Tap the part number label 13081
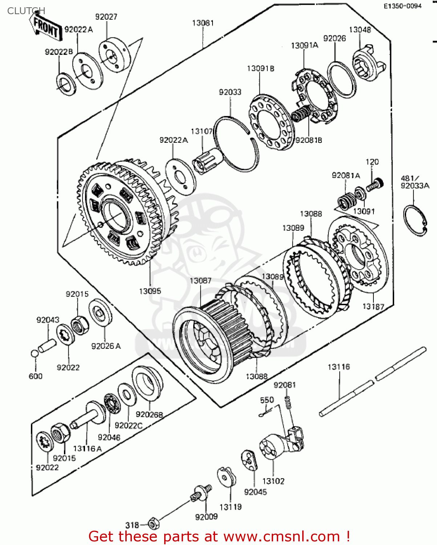203,23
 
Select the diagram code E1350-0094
403,6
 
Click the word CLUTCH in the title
26,11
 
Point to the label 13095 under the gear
150,291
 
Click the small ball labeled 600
34,354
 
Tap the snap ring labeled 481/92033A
415,220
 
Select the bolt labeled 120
374,185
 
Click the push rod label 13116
339,367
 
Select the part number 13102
273,481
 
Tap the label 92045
255,492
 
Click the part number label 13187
373,306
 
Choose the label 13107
202,131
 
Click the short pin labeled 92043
48,344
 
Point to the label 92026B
149,415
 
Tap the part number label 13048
360,30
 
